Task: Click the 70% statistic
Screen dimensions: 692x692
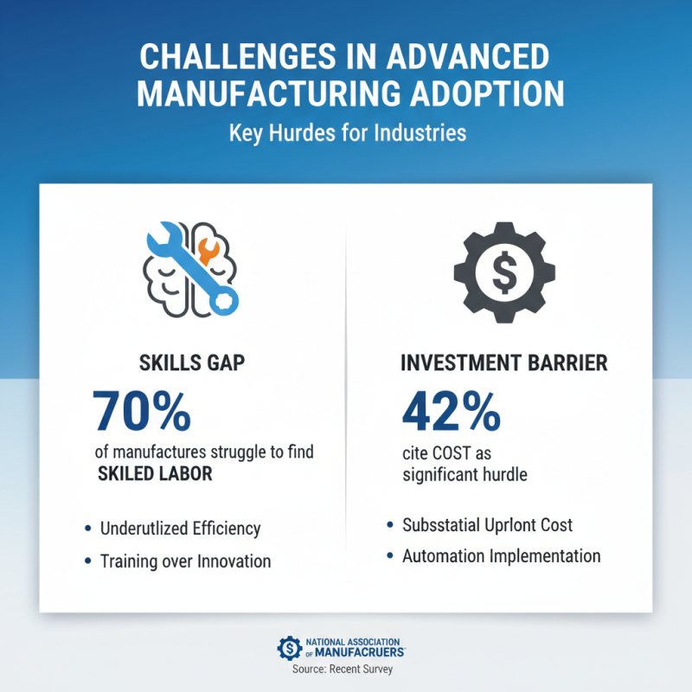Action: (x=141, y=412)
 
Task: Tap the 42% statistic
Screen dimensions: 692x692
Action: (x=450, y=412)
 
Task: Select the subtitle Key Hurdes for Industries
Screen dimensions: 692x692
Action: (x=347, y=134)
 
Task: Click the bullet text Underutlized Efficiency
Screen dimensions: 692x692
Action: (x=180, y=528)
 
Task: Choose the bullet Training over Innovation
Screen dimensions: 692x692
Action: (x=185, y=561)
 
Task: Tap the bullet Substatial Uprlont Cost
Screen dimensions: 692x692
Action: (x=487, y=525)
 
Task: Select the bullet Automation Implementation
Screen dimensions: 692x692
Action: (x=501, y=556)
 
